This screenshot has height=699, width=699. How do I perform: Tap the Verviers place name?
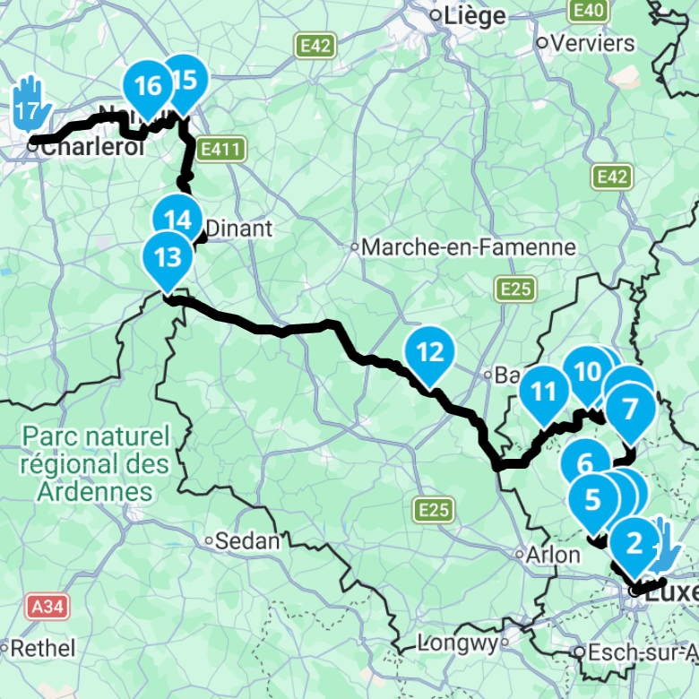(592, 42)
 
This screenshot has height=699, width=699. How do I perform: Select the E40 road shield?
(588, 10)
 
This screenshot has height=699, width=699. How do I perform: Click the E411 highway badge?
(220, 150)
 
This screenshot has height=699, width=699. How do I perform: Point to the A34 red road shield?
(46, 607)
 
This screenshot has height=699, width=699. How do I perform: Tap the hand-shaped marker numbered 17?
(30, 102)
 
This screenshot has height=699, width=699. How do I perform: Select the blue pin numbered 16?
(147, 87)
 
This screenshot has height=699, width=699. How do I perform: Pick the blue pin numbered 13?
(168, 258)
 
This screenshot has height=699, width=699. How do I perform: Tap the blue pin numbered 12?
(431, 352)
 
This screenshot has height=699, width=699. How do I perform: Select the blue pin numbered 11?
(544, 393)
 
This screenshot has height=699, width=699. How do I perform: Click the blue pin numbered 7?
(629, 410)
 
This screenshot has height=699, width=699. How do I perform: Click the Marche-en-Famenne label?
(469, 247)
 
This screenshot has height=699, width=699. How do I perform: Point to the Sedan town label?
(247, 540)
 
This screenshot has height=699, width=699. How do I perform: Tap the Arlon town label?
(553, 555)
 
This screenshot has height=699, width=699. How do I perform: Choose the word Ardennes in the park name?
(96, 492)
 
